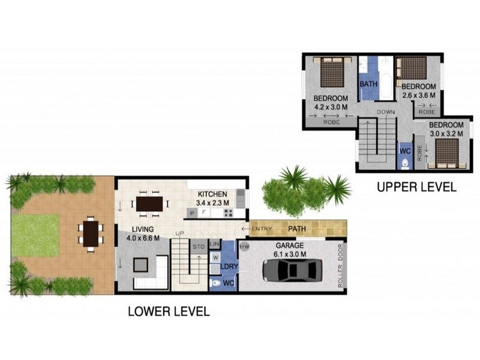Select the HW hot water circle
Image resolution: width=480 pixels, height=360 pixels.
[244, 247]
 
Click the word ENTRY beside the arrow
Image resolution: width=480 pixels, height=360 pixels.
[262, 229]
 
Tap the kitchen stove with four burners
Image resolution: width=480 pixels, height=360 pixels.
[228, 212]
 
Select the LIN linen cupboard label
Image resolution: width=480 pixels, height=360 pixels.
[215, 245]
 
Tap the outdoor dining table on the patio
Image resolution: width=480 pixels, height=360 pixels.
[91, 233]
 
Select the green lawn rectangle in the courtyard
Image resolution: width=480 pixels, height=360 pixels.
[36, 235]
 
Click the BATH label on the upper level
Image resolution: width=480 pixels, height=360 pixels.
[368, 84]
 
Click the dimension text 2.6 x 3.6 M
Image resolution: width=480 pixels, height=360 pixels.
[419, 95]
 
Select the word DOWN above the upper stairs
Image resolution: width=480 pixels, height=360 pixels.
[385, 112]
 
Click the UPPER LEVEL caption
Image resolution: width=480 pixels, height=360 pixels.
[416, 187]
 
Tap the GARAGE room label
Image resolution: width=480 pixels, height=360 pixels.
[290, 246]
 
